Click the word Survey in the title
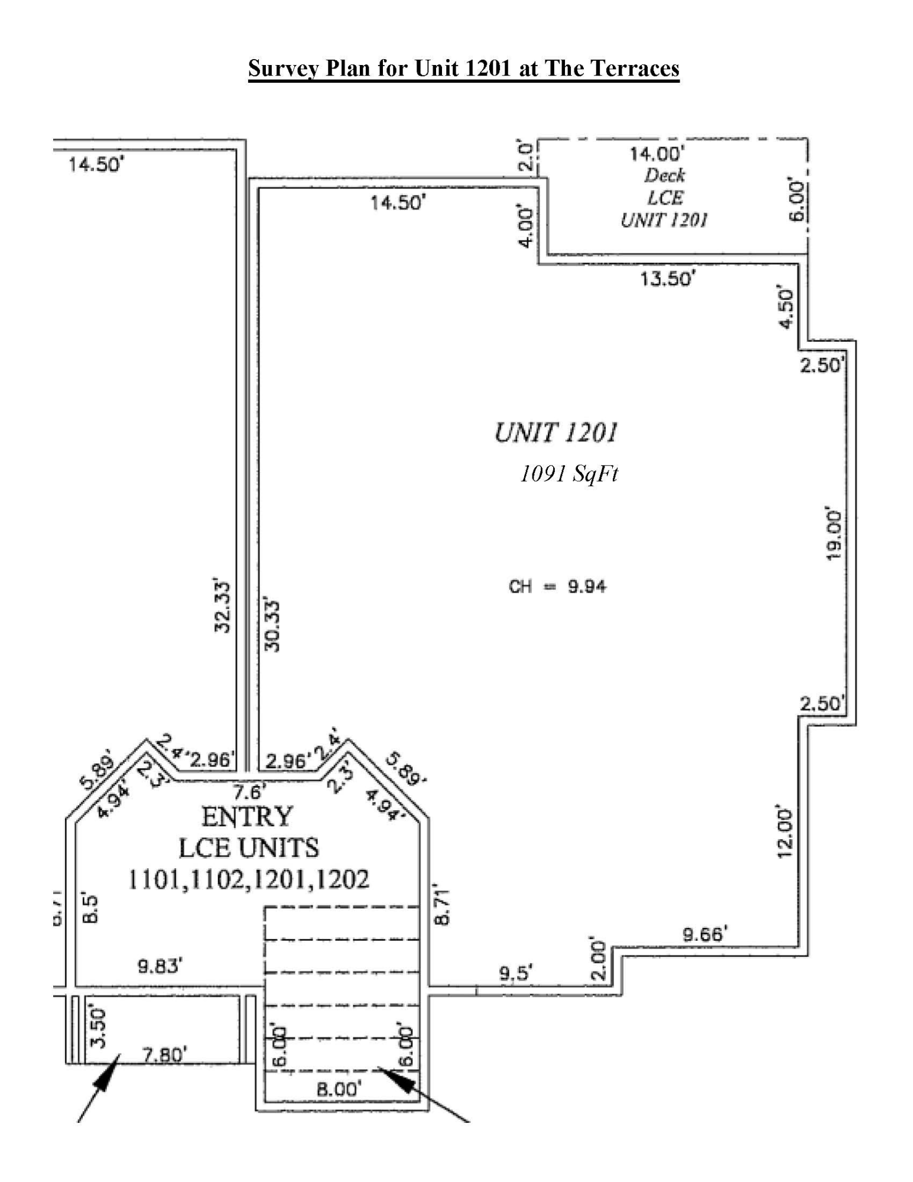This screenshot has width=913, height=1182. coord(284,69)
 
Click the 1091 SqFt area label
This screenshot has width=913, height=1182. coord(568,473)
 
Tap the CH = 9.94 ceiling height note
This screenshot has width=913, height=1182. coord(557,586)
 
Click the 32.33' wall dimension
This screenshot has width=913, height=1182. coord(222,606)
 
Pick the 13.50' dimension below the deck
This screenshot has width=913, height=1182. coord(667,278)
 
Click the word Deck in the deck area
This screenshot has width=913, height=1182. coord(665,176)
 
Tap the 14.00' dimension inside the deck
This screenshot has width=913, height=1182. coord(657,154)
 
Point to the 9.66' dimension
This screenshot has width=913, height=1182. coord(704,935)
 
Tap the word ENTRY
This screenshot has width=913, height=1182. coord(247,817)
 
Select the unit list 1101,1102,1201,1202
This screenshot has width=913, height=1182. coord(248,879)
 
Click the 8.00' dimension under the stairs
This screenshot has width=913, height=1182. coord(339,1089)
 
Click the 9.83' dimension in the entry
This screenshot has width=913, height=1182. coord(160,966)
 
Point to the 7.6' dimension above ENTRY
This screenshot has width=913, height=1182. coord(249,791)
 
